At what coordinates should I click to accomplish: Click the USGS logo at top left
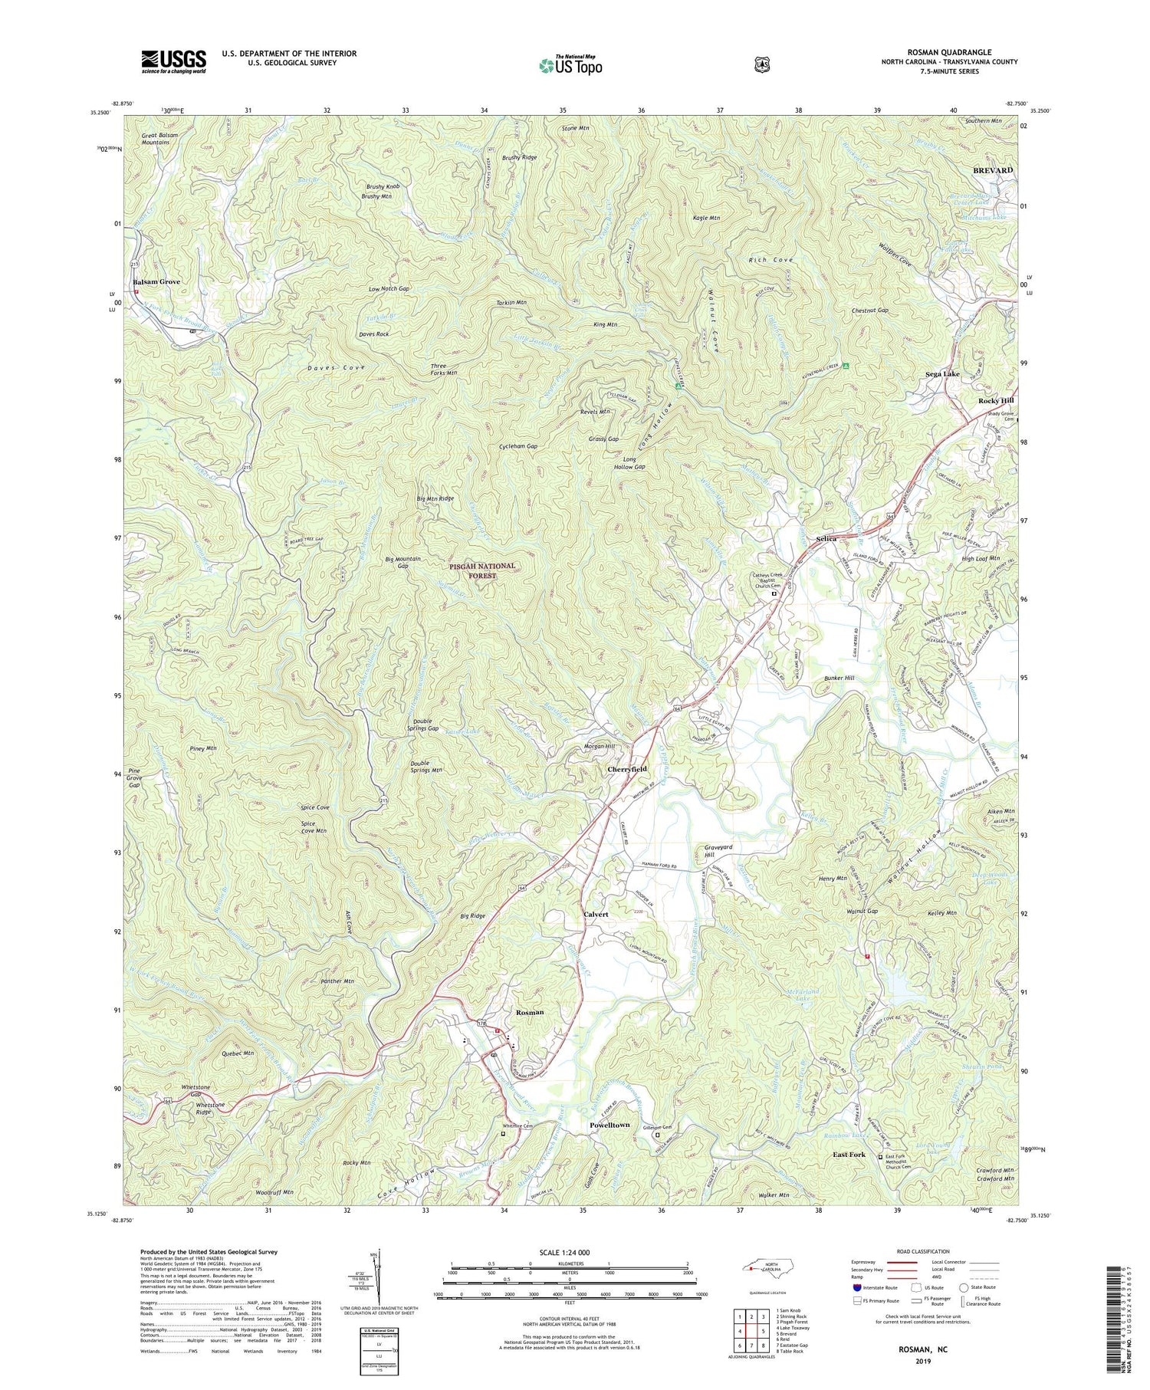tap(174, 61)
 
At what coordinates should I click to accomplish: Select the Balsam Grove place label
tap(156, 282)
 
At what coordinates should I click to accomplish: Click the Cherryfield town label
tap(627, 769)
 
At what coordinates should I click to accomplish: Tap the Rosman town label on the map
tap(530, 1012)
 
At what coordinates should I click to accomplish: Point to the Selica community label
tap(826, 539)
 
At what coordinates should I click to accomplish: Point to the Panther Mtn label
tap(337, 981)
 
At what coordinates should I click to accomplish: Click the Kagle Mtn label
tap(706, 218)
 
